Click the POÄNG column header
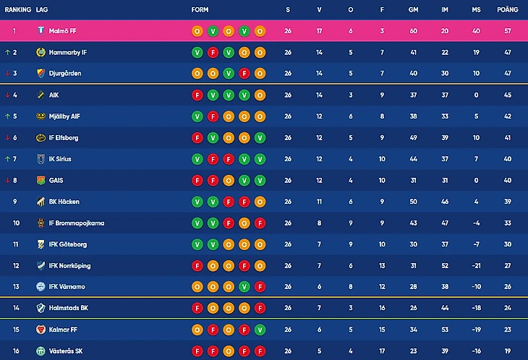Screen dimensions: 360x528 (508, 10)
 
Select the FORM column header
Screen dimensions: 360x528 (200, 10)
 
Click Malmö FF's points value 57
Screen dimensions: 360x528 (508, 31)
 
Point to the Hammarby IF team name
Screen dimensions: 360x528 (68, 53)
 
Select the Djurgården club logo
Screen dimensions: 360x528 (41, 74)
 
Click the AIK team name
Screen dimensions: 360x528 (55, 95)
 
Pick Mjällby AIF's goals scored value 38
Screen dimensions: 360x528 (413, 116)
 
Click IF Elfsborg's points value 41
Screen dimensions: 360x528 (508, 138)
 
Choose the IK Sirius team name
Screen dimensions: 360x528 (60, 159)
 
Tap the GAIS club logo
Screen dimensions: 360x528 (41, 181)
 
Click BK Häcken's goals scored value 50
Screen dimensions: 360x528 (413, 202)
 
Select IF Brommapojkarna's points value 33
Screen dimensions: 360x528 (508, 223)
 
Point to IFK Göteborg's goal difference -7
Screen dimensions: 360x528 (476, 244)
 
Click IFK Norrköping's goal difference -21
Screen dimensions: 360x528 (476, 266)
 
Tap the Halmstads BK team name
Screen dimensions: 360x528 (68, 309)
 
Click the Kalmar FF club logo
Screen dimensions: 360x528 (41, 330)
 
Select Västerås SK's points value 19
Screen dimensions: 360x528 (508, 351)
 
